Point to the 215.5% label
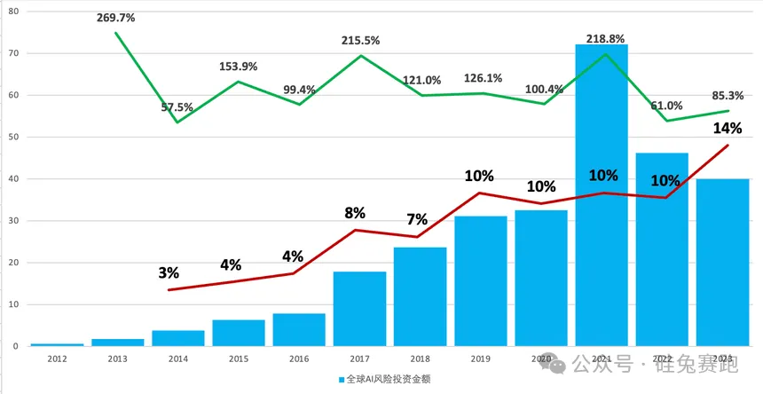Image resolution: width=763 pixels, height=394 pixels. (361, 41)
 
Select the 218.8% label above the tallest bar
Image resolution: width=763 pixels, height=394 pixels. (603, 40)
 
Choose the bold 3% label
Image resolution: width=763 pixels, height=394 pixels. (169, 273)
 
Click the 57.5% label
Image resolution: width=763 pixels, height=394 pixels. (177, 107)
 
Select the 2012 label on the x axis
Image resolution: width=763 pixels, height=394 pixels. (57, 358)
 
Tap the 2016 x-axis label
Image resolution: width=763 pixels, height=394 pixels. (299, 358)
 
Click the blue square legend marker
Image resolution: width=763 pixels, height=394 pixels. (341, 380)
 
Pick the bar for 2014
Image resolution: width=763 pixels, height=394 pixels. (177, 338)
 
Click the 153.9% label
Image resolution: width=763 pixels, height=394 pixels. (239, 67)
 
